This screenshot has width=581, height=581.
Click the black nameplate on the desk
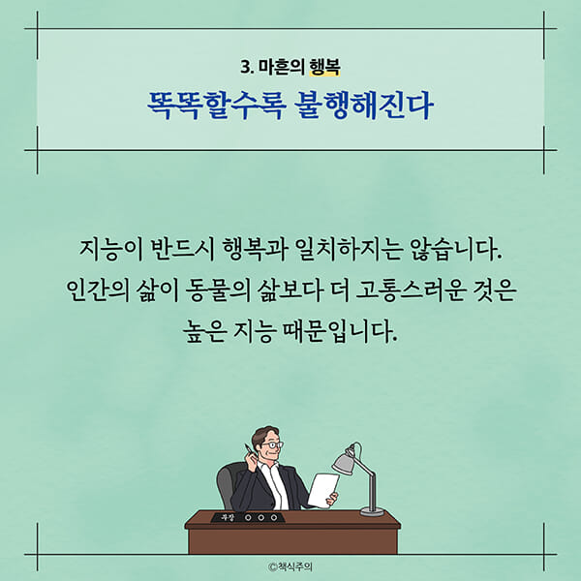(247, 516)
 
